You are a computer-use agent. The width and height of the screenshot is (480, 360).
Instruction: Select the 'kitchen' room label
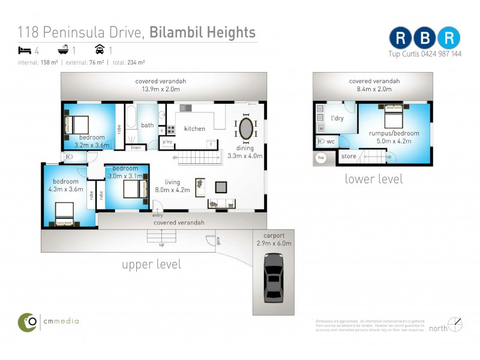(x=194, y=128)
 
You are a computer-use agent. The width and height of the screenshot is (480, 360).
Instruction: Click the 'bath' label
(x=147, y=125)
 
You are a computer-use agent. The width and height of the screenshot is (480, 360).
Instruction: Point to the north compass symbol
(x=455, y=325)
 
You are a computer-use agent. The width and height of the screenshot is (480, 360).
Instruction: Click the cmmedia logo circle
(x=27, y=322)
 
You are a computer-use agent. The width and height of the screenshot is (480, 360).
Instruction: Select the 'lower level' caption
(x=373, y=179)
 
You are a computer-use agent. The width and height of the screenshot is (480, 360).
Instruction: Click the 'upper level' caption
(x=151, y=265)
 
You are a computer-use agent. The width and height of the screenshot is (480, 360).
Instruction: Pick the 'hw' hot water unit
(x=321, y=158)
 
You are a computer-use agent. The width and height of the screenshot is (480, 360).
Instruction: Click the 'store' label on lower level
(x=349, y=157)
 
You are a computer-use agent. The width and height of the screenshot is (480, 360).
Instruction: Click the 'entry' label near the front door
(x=157, y=215)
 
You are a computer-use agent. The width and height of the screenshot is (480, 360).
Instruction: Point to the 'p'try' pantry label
(x=166, y=142)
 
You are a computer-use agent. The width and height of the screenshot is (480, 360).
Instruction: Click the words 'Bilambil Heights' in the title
(x=203, y=32)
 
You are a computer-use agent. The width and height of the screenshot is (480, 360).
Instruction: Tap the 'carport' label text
(x=273, y=235)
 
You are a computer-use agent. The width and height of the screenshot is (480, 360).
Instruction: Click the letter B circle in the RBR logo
(x=425, y=37)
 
